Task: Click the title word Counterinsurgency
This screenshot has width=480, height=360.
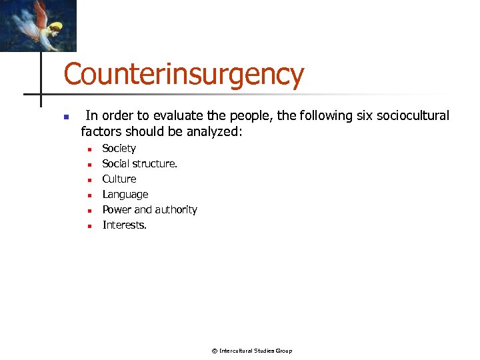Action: point(183,75)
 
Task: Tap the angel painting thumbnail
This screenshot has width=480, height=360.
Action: point(38,25)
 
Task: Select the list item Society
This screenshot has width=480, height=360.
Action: point(119,148)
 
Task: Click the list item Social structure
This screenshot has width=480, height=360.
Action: point(139,163)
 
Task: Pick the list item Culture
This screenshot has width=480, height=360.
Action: point(119,179)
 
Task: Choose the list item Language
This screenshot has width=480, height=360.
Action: point(125,194)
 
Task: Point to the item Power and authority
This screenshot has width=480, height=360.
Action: point(149,209)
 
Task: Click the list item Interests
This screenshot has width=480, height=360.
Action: point(124,225)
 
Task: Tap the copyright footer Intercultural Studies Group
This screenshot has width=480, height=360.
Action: point(252,351)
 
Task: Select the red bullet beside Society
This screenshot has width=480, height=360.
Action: point(89,149)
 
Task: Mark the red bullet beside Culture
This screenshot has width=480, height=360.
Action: point(89,179)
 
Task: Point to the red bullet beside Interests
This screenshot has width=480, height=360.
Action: point(89,225)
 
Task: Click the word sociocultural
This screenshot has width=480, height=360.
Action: point(414,115)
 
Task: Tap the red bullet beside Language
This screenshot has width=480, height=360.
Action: point(89,195)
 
